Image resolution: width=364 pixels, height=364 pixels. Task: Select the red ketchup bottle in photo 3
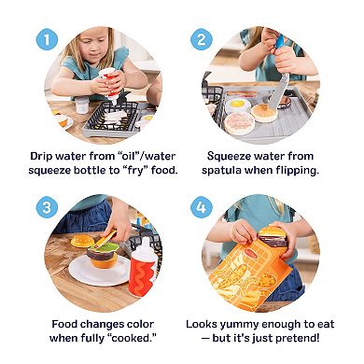(142, 268)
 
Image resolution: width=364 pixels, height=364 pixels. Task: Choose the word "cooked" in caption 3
(133, 338)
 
